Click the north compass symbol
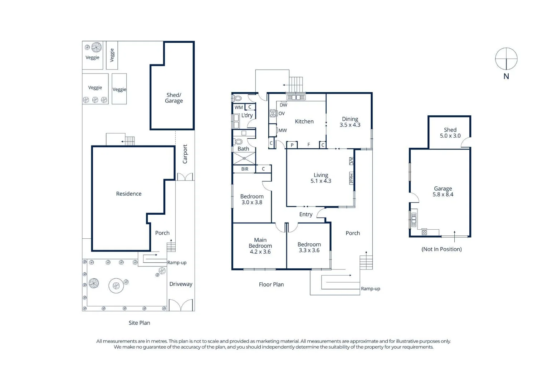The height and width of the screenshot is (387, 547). [506, 59]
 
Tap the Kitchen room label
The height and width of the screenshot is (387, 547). [304, 121]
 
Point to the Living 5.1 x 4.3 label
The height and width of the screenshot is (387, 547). [321, 178]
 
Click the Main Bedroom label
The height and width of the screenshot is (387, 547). [260, 245]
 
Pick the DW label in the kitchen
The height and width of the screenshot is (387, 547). [283, 105]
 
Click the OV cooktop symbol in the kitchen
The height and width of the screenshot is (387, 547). [273, 113]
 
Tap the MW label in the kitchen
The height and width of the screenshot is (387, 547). [283, 130]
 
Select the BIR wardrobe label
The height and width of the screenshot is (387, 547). [245, 169]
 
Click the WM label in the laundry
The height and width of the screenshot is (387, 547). [239, 107]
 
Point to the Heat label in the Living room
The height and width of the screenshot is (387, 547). [351, 178]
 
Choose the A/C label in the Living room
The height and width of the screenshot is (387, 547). [351, 161]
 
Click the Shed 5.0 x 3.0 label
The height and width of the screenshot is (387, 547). [450, 133]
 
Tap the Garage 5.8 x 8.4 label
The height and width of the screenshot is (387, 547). [443, 192]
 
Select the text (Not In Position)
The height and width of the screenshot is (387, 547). [441, 249]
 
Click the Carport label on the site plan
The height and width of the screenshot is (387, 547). [185, 154]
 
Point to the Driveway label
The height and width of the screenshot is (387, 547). [181, 284]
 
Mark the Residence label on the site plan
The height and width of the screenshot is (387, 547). [129, 194]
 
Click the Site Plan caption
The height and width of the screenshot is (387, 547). [139, 323]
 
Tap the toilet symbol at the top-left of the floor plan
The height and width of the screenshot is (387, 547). [237, 98]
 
